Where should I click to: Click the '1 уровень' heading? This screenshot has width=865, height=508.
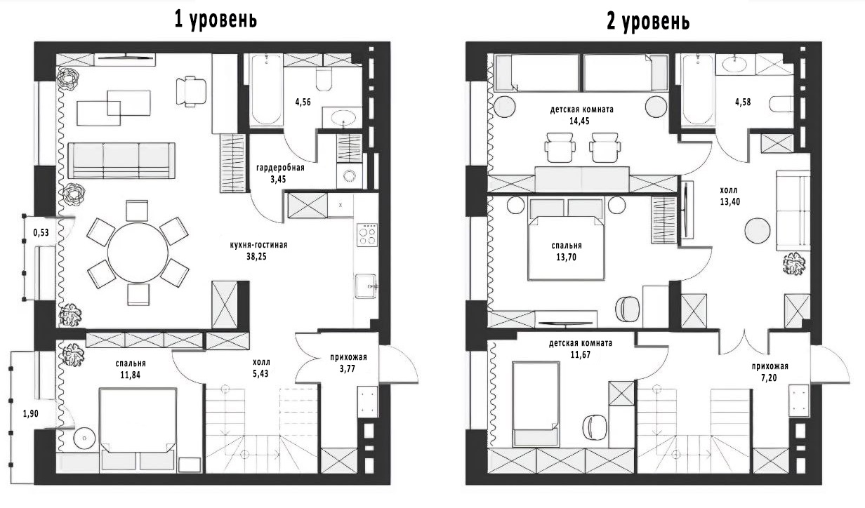(x=216, y=20)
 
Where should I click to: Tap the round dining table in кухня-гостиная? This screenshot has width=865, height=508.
(x=138, y=253)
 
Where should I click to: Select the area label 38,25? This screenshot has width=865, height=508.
(x=256, y=256)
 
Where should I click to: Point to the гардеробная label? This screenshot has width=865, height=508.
(x=280, y=168)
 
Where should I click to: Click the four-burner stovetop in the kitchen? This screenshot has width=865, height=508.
(x=367, y=234)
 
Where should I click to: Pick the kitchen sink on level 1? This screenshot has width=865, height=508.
(x=366, y=286)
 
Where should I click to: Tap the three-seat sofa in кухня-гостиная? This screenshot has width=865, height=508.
(x=121, y=160)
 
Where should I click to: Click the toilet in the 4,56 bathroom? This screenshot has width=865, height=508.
(x=324, y=79)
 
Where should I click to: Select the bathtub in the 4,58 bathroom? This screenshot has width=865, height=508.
(x=699, y=90)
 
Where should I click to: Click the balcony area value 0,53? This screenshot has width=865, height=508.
(x=41, y=232)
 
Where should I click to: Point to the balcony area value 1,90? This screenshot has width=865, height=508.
(x=30, y=414)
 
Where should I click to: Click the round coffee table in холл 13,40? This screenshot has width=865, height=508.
(x=758, y=230)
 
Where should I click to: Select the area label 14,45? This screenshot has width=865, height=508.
(x=579, y=121)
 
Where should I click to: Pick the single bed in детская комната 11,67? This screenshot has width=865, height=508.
(x=536, y=403)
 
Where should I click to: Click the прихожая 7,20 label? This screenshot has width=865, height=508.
(x=770, y=372)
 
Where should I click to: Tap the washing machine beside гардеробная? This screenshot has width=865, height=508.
(x=350, y=175)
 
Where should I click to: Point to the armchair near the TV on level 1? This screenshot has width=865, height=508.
(x=191, y=91)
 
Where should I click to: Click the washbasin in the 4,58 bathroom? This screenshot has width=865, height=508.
(x=735, y=65)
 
